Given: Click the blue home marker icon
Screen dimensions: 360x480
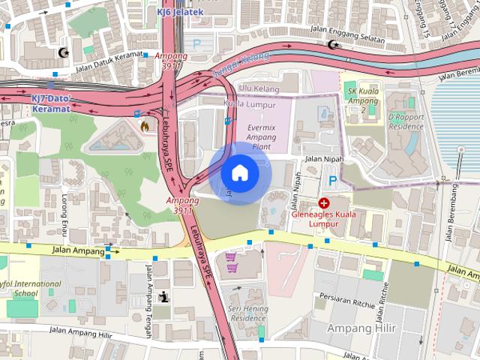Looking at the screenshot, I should [x=240, y=173].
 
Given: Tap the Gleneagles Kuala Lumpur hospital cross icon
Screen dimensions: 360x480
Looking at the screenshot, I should [x=323, y=203].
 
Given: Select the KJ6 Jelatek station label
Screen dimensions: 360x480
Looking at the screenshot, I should [x=180, y=12].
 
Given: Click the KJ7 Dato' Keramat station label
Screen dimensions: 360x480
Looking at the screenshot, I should [x=50, y=103].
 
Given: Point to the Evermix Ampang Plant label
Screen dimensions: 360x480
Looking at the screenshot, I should [x=260, y=138].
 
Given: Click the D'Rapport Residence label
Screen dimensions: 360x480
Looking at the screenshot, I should [x=406, y=121].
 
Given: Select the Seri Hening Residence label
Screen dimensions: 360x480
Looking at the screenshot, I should [x=247, y=313].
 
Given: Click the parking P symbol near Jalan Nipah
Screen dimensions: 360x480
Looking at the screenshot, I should [x=331, y=181].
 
